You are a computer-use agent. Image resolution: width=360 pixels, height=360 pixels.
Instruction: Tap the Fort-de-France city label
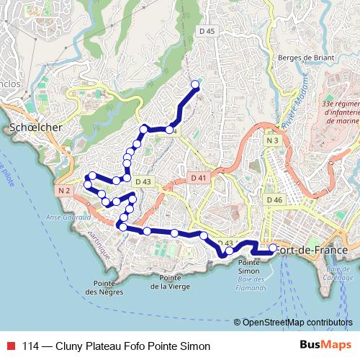click(x=318, y=250)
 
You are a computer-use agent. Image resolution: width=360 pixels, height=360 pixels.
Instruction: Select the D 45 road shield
click(x=207, y=31)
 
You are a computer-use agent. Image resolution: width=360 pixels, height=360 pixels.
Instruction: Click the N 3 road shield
click(x=271, y=141)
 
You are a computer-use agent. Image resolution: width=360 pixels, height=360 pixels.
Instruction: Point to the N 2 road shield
click(x=64, y=190)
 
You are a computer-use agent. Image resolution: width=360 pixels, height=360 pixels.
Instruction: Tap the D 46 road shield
click(x=274, y=199)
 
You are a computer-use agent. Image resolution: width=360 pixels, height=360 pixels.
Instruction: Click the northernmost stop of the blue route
click(x=194, y=85)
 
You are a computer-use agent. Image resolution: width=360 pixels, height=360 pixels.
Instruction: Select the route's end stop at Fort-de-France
click(x=273, y=249)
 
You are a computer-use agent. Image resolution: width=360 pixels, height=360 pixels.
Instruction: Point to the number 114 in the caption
click(x=31, y=346)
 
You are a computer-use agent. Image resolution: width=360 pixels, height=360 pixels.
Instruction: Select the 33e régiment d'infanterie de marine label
click(x=338, y=112)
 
